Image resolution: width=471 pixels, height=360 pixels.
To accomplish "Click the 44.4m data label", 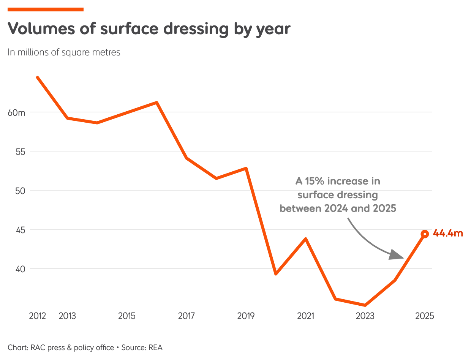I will [448, 234].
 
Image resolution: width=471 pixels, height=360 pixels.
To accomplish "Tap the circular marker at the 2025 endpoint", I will [425, 234].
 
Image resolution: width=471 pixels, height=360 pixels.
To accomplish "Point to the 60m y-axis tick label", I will [17, 112].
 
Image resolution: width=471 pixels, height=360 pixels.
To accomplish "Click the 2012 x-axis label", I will [37, 316].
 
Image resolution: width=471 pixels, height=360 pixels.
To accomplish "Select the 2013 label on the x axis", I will [67, 316].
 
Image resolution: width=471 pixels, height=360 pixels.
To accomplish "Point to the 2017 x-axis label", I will [187, 316].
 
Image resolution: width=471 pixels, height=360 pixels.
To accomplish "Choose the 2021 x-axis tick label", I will [306, 316].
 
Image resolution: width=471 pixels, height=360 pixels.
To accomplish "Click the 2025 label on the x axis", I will [425, 316].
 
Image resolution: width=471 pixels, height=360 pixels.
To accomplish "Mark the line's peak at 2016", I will [157, 102].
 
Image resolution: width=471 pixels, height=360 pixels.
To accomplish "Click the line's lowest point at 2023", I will [365, 305].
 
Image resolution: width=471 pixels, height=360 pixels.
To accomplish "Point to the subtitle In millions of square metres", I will [64, 52].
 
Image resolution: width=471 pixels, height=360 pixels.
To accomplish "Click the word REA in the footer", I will [155, 347].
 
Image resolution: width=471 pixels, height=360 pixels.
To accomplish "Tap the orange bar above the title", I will [45, 9].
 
